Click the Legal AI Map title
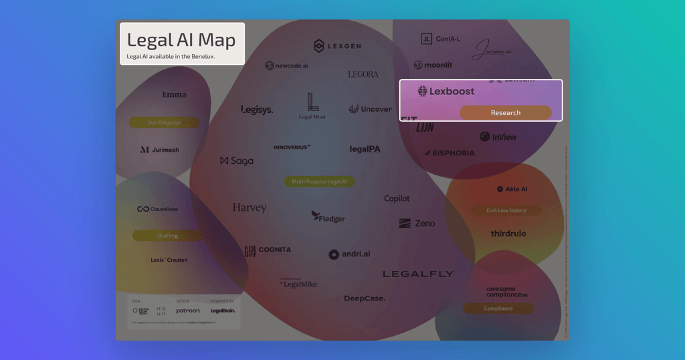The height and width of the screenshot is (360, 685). click(181, 41)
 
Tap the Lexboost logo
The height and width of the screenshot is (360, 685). click(446, 91)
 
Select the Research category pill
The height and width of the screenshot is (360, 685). click(506, 112)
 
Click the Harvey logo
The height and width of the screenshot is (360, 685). click(250, 207)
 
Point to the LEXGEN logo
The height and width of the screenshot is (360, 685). click(337, 46)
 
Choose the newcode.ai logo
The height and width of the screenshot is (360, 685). click(286, 66)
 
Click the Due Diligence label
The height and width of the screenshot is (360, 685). click(164, 123)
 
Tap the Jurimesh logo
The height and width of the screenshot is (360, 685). click(160, 150)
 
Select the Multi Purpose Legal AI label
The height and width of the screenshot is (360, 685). click(319, 181)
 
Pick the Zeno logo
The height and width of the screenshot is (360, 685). click(417, 223)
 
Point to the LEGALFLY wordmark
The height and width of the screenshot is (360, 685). click(418, 274)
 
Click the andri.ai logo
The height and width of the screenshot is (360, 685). click(349, 254)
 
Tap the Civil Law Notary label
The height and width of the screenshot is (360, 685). click(507, 211)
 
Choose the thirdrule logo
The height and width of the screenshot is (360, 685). click(508, 234)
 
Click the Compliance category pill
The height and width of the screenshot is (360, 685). click(498, 308)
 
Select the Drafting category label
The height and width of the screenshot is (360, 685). click(168, 236)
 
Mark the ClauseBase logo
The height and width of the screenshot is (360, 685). click(158, 209)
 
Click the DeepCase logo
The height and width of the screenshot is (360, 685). click(365, 298)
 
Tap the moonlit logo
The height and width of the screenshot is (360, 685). click(433, 65)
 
